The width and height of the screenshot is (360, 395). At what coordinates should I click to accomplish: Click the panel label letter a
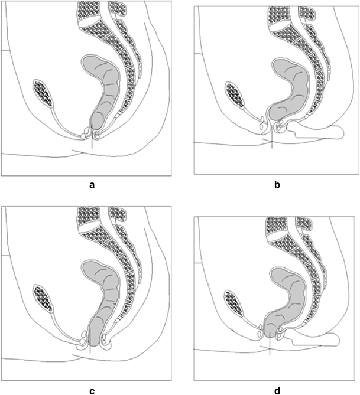point(92,185)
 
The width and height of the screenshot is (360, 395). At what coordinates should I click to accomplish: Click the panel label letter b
point(277,185)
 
